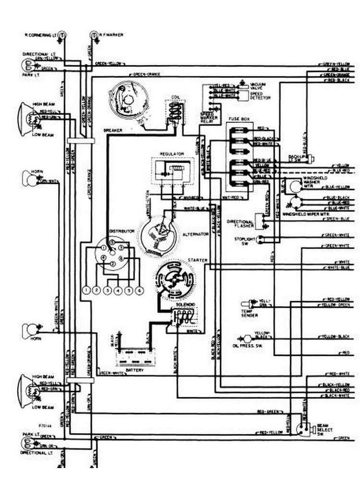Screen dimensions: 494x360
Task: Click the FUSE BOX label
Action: (237, 118)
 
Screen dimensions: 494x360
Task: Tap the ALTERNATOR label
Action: (195, 234)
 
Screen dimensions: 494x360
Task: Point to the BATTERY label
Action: (135, 370)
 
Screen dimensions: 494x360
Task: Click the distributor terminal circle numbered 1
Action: (86, 290)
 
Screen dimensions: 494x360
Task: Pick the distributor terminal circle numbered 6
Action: (139, 290)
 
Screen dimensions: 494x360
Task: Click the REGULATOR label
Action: (172, 153)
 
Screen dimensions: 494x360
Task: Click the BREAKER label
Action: (112, 130)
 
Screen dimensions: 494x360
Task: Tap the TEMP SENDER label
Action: (249, 313)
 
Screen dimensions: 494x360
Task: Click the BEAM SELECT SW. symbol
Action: (302, 428)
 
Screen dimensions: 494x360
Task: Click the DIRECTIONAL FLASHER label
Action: (244, 223)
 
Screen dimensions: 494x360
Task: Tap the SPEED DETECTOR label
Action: (260, 95)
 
